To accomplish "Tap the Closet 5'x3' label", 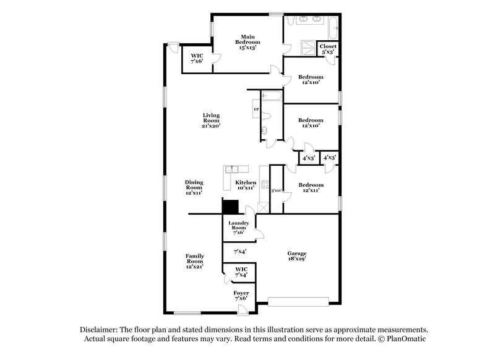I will pyautogui.click(x=328, y=49).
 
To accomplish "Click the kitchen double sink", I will pyautogui.click(x=233, y=168).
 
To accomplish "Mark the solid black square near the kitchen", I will pyautogui.click(x=231, y=207).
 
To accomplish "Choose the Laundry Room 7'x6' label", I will pyautogui.click(x=238, y=228).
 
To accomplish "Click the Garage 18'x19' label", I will pyautogui.click(x=296, y=257).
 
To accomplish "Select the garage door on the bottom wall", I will pyautogui.click(x=298, y=302).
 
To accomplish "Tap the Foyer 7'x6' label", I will pyautogui.click(x=241, y=295).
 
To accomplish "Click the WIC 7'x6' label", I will pyautogui.click(x=197, y=59).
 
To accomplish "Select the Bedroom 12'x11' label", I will pyautogui.click(x=311, y=187).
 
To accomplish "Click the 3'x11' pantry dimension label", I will pyautogui.click(x=277, y=191).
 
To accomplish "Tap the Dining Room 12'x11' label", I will pyautogui.click(x=194, y=187).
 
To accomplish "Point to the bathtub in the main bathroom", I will pyautogui.click(x=334, y=27).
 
